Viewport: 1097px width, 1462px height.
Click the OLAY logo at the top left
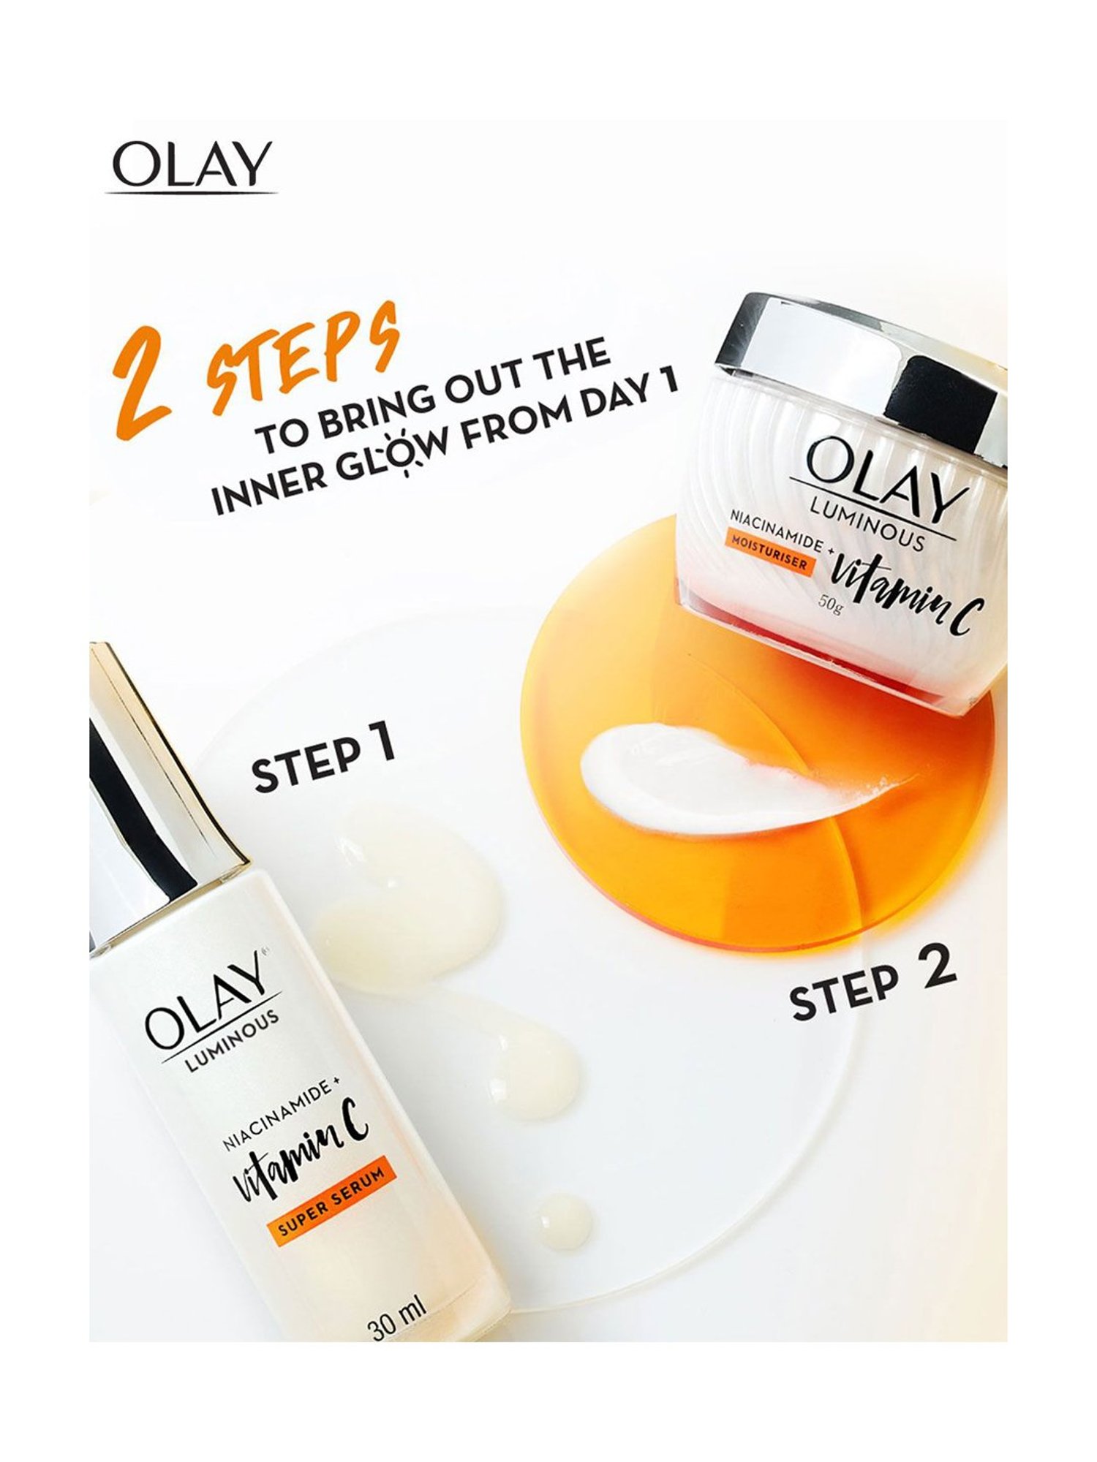coord(192,165)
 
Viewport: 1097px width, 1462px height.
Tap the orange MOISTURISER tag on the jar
coord(768,556)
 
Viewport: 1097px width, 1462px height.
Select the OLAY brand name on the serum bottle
coord(206,1004)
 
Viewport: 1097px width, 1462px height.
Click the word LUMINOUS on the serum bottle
coord(231,1048)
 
